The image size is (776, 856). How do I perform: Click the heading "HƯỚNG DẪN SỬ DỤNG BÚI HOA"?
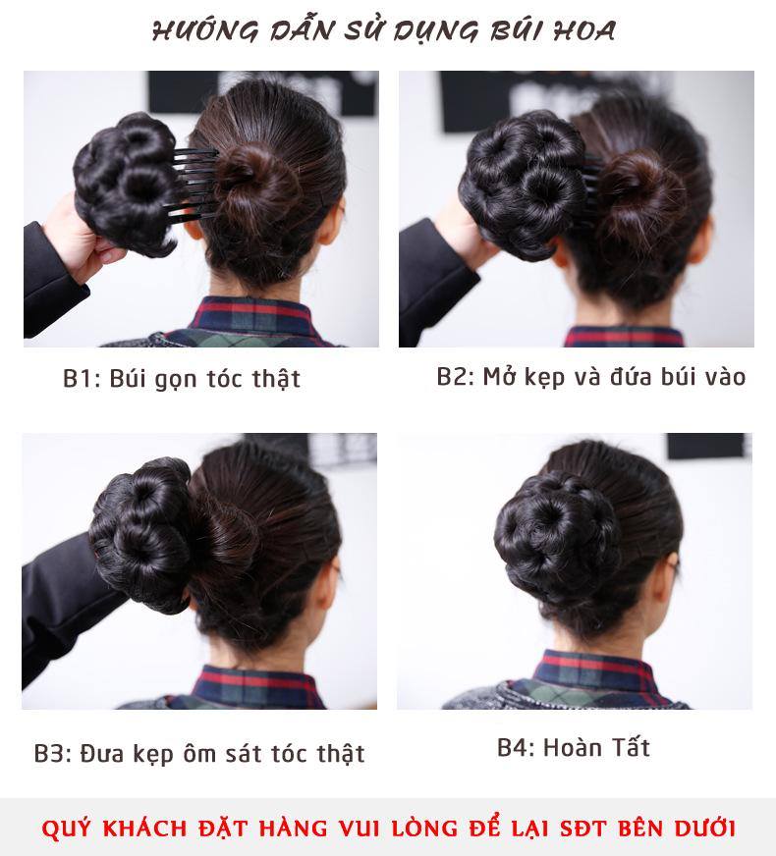(384, 30)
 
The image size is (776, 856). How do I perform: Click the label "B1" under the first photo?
(79, 379)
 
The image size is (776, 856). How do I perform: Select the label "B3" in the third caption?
(51, 754)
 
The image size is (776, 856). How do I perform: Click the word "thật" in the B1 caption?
(275, 379)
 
